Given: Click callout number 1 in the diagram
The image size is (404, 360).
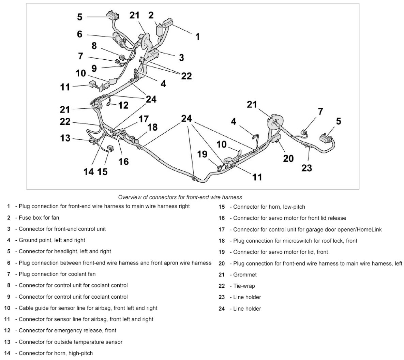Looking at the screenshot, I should point(197,36).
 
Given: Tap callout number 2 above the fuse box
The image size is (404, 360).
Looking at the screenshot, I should point(151,15).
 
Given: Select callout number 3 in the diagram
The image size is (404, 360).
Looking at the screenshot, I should point(181,57).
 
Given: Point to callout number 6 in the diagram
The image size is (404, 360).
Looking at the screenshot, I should point(80,34).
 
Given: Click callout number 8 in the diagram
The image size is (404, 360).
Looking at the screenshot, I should point(94,46).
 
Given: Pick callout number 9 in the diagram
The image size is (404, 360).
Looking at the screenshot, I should point(94,68).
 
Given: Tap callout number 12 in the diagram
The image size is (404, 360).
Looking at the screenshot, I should point(123,105).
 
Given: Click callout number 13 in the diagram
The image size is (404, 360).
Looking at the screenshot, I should point(65,138).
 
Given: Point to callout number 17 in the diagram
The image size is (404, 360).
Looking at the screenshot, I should point(144,119).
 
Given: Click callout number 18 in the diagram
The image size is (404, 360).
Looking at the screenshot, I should point(152,127).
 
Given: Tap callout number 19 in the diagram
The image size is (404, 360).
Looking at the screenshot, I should point(202,154).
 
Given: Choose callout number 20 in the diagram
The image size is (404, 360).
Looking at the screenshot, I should point(288,158).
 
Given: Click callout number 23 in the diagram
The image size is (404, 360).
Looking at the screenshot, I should point(306,168).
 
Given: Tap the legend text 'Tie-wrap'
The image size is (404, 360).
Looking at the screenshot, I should point(244,286).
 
